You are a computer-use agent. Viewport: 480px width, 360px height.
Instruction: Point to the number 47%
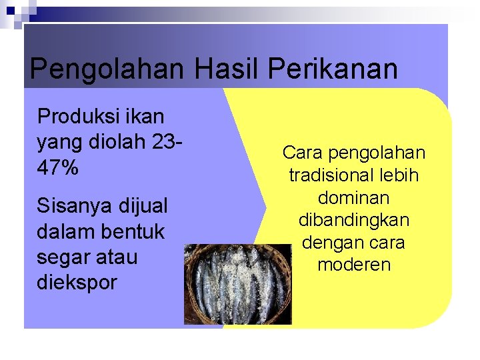[x=58, y=168]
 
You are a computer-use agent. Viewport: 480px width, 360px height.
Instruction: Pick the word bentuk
[x=131, y=231]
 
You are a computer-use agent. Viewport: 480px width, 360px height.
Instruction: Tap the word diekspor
[x=77, y=282]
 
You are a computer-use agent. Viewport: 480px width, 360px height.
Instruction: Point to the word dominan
[x=354, y=198]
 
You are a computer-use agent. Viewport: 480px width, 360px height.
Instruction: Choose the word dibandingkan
[x=354, y=220]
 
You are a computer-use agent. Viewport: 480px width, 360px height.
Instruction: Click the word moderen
[x=354, y=265]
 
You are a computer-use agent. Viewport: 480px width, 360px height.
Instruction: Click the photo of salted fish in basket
[x=237, y=284]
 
